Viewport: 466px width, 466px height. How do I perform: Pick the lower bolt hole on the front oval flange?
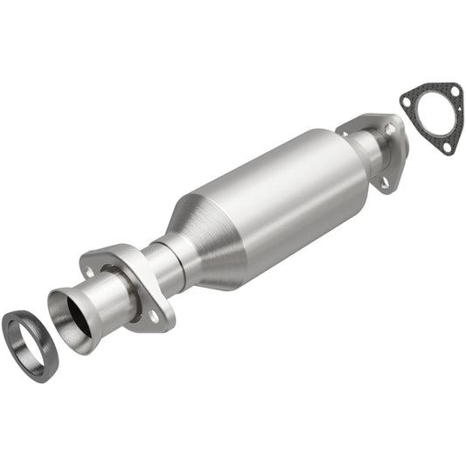[x=154, y=316]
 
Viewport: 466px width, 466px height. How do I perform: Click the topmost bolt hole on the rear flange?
[x=390, y=129]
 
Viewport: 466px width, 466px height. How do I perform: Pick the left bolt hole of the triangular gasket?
[x=407, y=100]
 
